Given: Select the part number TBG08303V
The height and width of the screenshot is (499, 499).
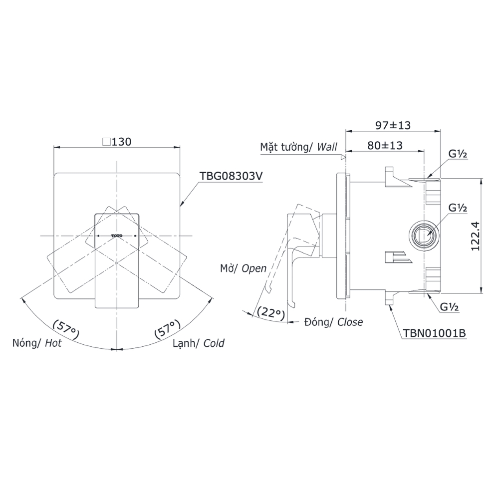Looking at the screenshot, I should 231,176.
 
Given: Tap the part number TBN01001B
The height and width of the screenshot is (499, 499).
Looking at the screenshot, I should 434,333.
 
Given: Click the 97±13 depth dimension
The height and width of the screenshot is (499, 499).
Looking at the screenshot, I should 393,126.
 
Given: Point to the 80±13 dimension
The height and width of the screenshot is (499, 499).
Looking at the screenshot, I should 385,146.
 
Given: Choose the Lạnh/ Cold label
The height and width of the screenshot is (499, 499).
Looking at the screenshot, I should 198,343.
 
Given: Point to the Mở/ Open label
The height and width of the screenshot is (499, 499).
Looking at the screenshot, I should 244,268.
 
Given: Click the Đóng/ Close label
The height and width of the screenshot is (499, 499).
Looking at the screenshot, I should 333,322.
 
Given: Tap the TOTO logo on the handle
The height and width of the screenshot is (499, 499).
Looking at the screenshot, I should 117,235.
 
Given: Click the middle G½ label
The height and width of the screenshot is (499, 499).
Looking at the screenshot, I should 457,208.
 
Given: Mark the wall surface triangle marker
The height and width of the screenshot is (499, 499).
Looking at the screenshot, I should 343,157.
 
